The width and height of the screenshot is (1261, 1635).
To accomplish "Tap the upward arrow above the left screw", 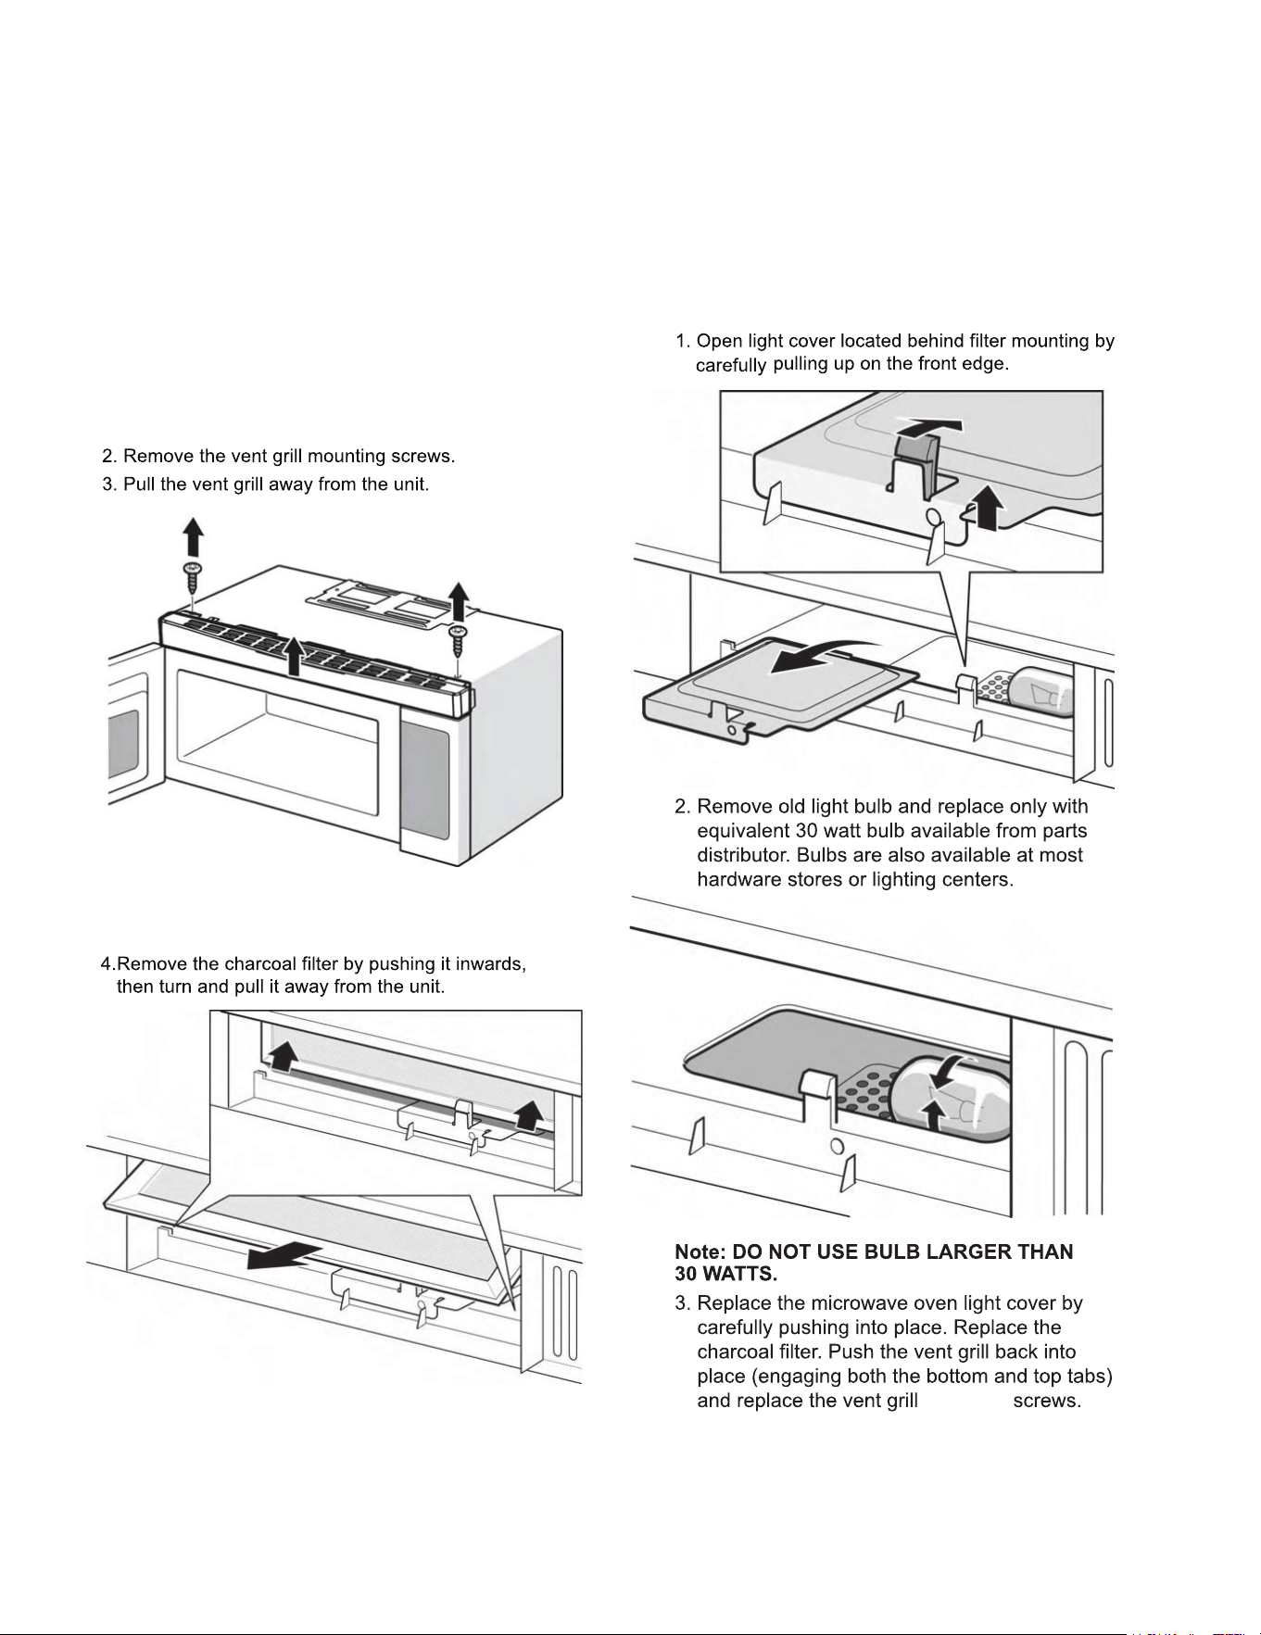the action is pos(193,536).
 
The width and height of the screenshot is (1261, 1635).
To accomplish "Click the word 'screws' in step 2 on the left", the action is pos(422,456).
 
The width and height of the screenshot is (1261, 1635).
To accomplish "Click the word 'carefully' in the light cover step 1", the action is pos(730,365).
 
